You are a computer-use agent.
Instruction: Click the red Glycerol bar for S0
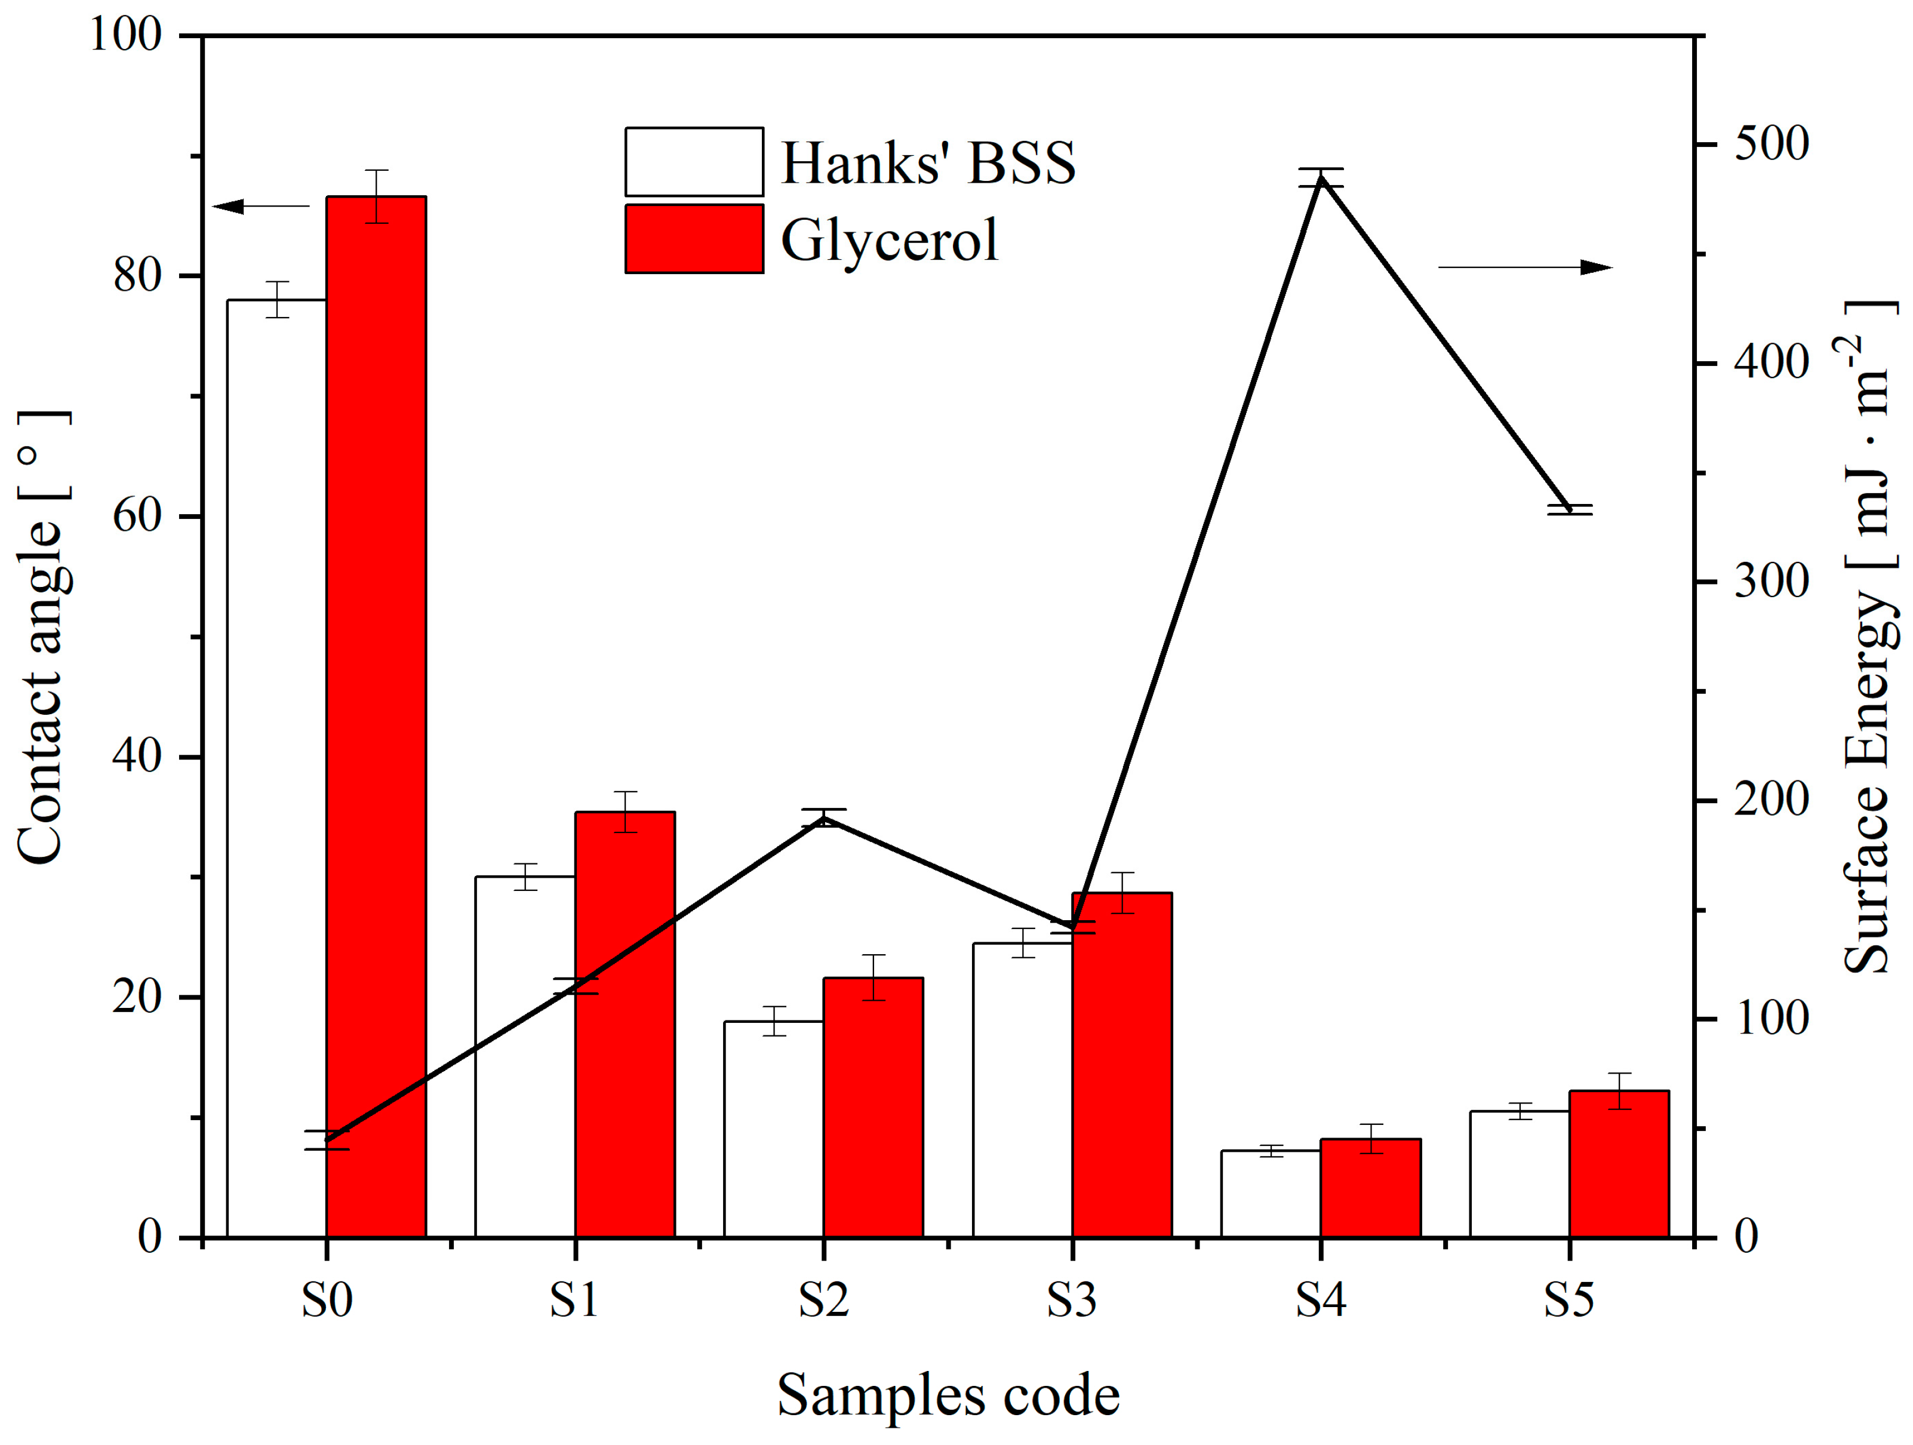click(376, 718)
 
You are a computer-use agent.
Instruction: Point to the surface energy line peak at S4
click(1321, 178)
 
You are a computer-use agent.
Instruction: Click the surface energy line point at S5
click(1570, 509)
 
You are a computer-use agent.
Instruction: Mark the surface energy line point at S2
click(823, 817)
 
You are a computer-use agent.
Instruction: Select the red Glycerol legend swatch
click(694, 239)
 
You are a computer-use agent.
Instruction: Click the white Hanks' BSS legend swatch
click(694, 162)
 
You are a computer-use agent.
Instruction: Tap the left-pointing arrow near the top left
click(260, 206)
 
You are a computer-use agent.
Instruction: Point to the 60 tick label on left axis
click(137, 516)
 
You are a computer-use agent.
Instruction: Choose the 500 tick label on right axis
click(1770, 143)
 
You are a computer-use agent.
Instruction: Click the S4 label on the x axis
click(1321, 1300)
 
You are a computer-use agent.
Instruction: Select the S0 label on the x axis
click(327, 1300)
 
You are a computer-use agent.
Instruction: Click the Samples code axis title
click(948, 1395)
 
